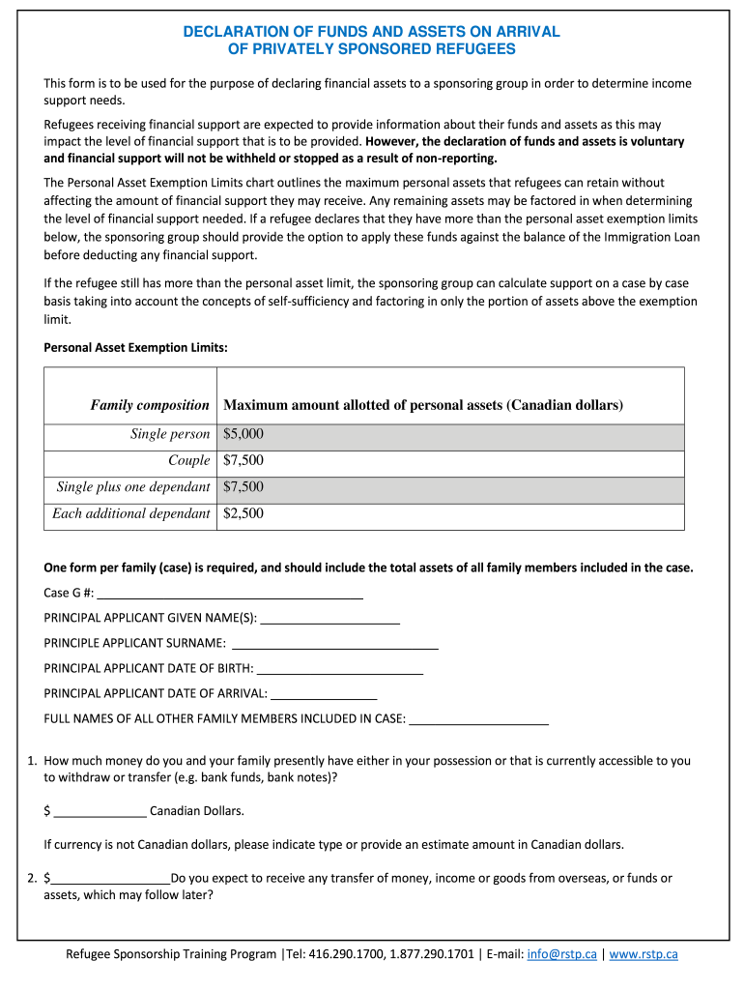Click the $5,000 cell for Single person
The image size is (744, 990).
pos(243,434)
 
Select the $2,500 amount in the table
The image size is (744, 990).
pos(243,513)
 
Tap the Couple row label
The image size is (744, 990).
pos(188,460)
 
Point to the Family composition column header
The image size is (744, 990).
pos(150,405)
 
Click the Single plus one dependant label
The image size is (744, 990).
pos(133,487)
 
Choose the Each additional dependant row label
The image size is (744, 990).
pos(131,513)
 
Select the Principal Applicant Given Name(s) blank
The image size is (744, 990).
pos(330,618)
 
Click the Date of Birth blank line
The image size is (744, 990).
pos(340,668)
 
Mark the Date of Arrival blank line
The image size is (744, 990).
pos(324,693)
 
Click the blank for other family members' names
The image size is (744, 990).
pos(479,718)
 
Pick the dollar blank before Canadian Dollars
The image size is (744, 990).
pos(100,811)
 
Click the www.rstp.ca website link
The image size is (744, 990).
pos(644,954)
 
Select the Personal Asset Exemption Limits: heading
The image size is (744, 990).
pos(136,347)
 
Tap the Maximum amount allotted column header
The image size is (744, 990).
pos(423,405)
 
